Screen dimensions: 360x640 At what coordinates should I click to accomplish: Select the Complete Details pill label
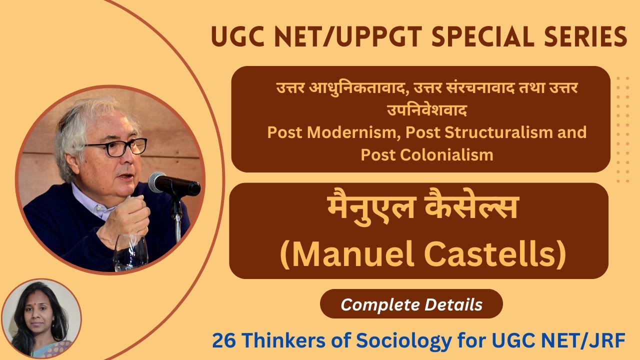point(411,304)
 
